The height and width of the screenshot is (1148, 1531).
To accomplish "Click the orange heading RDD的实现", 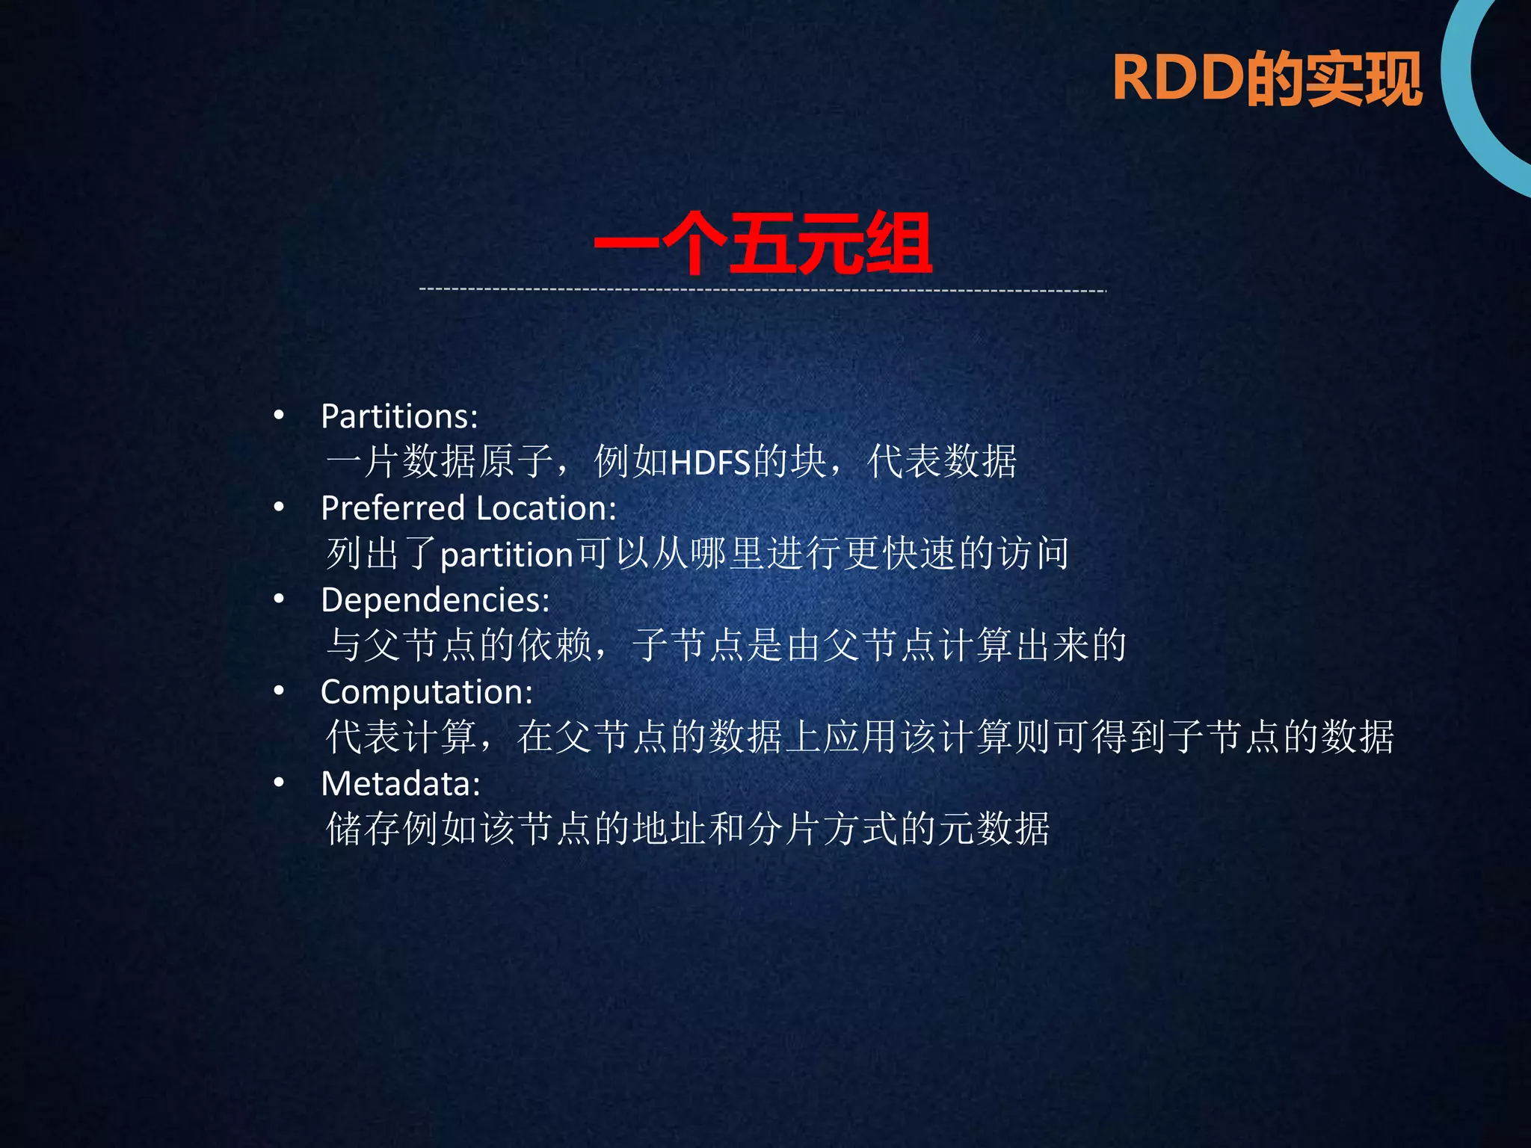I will (x=1266, y=78).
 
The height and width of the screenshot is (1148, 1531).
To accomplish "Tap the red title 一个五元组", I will (x=763, y=244).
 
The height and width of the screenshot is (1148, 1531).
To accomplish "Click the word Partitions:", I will (x=399, y=416).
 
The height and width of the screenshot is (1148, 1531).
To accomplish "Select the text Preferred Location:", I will (x=469, y=508).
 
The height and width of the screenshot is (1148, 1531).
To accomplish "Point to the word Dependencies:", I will (x=435, y=600).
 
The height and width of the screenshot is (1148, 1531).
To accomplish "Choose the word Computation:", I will (x=426, y=692).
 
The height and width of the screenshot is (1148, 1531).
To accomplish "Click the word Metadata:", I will (x=401, y=784).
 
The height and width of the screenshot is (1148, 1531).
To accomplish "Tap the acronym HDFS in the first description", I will (x=710, y=463).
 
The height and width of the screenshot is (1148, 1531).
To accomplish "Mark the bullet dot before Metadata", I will (x=279, y=783).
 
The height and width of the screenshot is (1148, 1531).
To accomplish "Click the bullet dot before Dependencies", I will (x=279, y=599).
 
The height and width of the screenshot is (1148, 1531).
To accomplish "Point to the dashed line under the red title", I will (x=763, y=289).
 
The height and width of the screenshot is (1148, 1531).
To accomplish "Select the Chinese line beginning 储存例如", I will (x=688, y=829).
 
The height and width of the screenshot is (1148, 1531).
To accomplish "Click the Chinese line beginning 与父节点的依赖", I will (x=725, y=645).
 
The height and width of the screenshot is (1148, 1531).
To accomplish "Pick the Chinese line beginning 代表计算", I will (x=860, y=737).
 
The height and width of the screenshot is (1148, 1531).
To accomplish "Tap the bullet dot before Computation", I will (x=279, y=691).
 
